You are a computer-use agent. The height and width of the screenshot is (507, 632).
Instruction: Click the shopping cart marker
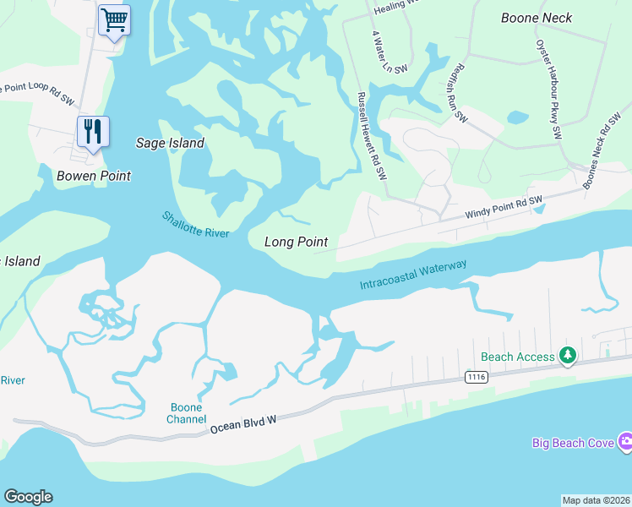pyautogui.click(x=114, y=19)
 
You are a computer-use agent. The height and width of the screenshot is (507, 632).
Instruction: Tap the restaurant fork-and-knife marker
pyautogui.click(x=93, y=131)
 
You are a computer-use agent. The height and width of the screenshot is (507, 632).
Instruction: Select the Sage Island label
pyautogui.click(x=170, y=143)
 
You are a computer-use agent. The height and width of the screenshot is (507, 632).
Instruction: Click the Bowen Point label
pyautogui.click(x=94, y=176)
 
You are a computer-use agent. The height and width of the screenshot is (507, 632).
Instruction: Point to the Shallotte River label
pyautogui.click(x=196, y=224)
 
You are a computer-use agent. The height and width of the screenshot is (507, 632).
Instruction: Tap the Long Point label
pyautogui.click(x=296, y=242)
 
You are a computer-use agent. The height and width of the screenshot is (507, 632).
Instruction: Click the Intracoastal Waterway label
pyautogui.click(x=413, y=276)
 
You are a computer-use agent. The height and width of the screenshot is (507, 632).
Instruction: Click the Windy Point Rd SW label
pyautogui.click(x=503, y=208)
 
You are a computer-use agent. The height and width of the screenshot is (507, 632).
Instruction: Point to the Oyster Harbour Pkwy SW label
pyautogui.click(x=547, y=89)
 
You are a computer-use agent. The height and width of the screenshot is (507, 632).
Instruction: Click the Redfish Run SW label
pyautogui.click(x=460, y=93)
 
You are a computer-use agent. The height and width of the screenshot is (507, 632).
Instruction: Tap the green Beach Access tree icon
pyautogui.click(x=569, y=357)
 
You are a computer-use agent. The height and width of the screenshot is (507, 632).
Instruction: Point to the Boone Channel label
pyautogui.click(x=186, y=413)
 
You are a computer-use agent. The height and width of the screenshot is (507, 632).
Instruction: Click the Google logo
pyautogui.click(x=28, y=497)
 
